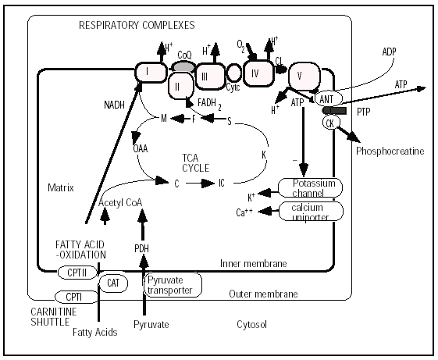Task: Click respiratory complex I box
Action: [151, 73]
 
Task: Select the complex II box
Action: [181, 87]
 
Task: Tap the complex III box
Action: [210, 77]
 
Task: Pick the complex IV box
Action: [258, 73]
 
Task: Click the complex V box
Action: [304, 77]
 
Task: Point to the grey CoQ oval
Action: [183, 67]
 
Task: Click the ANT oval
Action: [329, 98]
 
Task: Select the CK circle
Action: [332, 123]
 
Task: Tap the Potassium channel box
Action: [310, 187]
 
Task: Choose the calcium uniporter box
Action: [311, 212]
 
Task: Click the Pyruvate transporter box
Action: [173, 285]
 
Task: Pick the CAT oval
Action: [113, 283]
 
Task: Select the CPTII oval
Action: [77, 273]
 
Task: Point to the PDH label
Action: [141, 248]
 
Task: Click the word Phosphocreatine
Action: [390, 151]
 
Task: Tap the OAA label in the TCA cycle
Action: [141, 148]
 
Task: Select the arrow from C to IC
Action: [200, 184]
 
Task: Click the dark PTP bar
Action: [334, 111]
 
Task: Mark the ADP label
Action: [389, 52]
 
